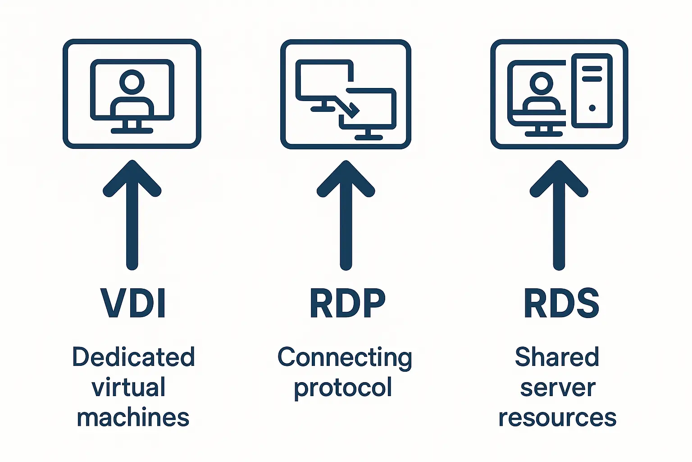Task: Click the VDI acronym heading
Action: click(x=133, y=303)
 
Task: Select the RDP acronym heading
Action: click(x=347, y=303)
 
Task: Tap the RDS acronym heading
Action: click(x=561, y=303)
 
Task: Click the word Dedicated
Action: click(x=133, y=357)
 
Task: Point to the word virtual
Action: click(x=129, y=387)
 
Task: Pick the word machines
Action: click(x=133, y=417)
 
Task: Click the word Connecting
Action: click(x=345, y=358)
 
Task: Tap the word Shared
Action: click(x=557, y=357)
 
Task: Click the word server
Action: click(x=558, y=388)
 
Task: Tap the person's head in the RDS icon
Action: click(x=541, y=84)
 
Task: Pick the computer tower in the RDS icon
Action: click(x=592, y=91)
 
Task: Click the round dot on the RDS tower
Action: click(x=592, y=108)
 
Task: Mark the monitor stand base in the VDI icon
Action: click(x=132, y=131)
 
